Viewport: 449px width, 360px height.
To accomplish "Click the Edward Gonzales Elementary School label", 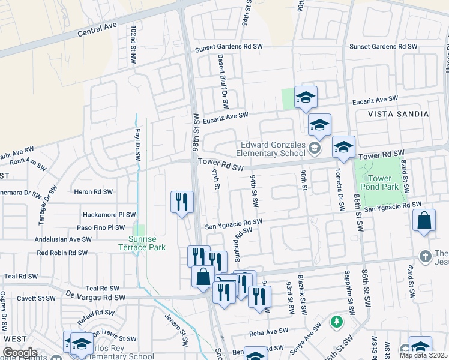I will [274, 148].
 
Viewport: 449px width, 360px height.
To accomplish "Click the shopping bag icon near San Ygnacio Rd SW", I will [424, 221].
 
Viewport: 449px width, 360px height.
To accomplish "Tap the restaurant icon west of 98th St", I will [182, 202].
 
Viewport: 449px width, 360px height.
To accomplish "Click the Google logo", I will [19, 353].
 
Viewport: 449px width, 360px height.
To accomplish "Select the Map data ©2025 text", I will [423, 355].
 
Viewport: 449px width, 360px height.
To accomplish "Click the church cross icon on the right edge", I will [426, 256].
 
